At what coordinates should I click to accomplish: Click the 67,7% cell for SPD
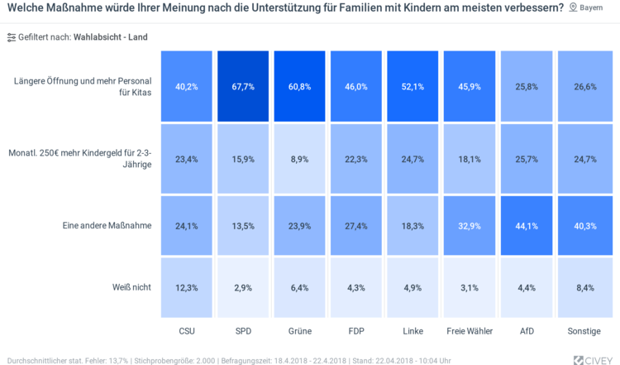[243, 86]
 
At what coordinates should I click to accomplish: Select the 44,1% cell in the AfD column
[527, 225]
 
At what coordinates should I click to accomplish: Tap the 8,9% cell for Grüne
[300, 158]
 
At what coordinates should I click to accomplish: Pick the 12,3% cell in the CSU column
[187, 287]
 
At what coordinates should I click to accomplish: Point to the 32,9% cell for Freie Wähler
[470, 225]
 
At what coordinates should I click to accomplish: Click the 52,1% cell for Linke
[413, 86]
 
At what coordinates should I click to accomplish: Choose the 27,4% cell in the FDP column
[356, 225]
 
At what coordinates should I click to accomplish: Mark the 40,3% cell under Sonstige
[584, 225]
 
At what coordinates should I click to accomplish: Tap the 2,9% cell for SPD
[243, 287]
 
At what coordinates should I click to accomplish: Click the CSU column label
[187, 331]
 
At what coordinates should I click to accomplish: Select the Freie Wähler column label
[470, 331]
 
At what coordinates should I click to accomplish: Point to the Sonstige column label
[584, 331]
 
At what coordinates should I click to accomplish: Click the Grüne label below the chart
[300, 331]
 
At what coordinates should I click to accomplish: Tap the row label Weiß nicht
[131, 287]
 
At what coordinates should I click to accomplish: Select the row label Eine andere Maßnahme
[107, 225]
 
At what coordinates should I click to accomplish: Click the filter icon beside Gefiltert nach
[11, 37]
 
